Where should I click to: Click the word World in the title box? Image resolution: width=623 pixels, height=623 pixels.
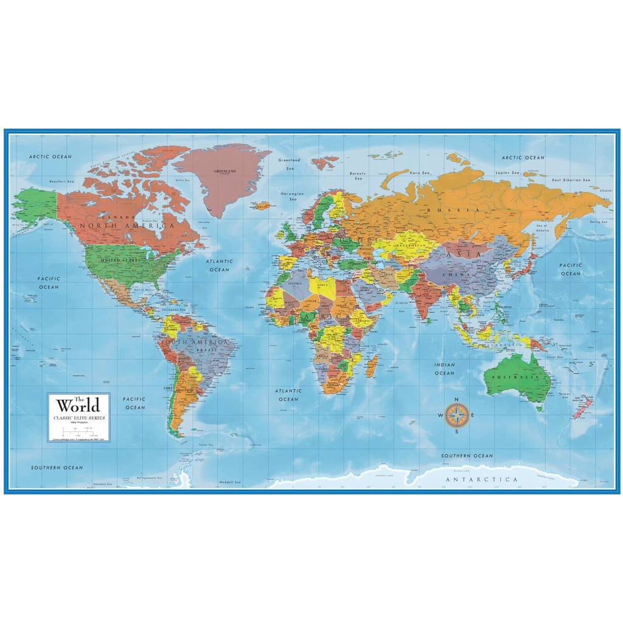[79, 406]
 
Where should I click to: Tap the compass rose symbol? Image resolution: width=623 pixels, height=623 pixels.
[457, 416]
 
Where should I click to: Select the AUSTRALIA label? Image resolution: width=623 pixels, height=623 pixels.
[518, 377]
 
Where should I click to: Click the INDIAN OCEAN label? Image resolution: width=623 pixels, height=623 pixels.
[444, 369]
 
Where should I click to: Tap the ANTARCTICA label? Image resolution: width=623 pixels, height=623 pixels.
[482, 479]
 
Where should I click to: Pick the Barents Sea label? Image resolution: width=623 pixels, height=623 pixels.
[358, 176]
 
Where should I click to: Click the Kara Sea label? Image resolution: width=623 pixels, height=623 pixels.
[419, 173]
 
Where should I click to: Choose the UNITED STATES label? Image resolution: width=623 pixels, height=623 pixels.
[120, 260]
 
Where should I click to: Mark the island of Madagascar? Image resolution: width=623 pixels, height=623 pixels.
[371, 366]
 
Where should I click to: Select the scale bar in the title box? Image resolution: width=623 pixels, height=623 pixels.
[79, 431]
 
